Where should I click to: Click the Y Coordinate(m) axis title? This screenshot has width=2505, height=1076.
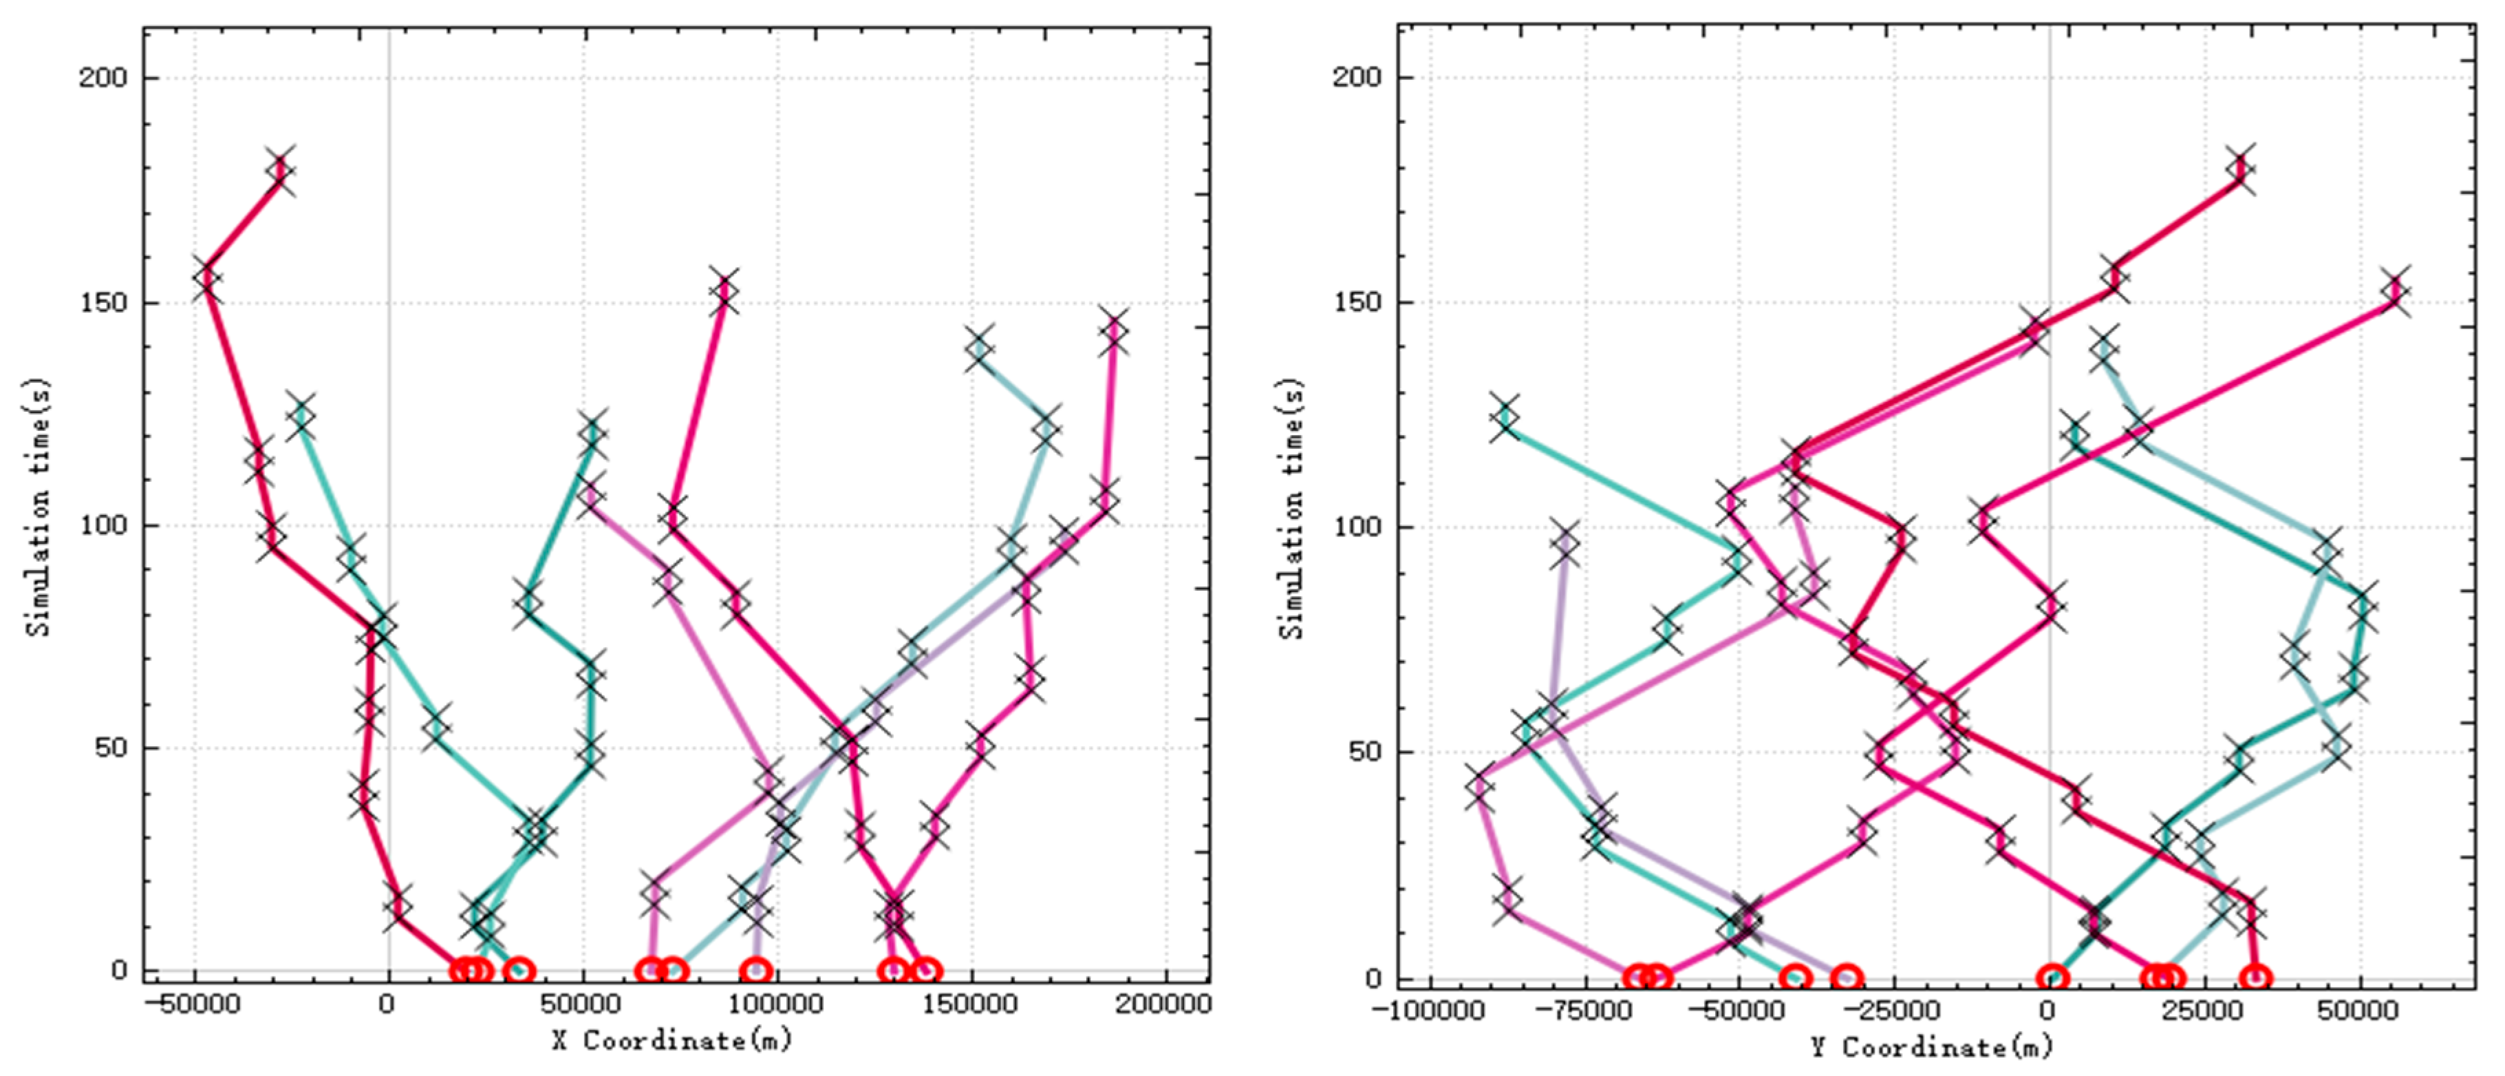(x=1931, y=1047)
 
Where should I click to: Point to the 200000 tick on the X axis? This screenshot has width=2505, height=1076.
(x=1164, y=1004)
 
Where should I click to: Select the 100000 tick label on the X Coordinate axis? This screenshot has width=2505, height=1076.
(x=775, y=1004)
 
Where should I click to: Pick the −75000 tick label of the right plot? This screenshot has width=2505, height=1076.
(x=1585, y=1011)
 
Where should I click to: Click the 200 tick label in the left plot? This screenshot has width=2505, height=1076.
(x=103, y=77)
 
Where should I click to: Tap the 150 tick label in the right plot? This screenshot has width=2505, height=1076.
(x=1357, y=302)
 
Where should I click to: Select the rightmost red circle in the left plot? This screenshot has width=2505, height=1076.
(x=927, y=970)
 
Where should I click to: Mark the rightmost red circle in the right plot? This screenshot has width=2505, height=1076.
(x=2256, y=978)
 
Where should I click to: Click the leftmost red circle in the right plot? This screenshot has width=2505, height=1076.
(x=1637, y=977)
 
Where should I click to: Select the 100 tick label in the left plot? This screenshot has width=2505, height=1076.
(x=103, y=525)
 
